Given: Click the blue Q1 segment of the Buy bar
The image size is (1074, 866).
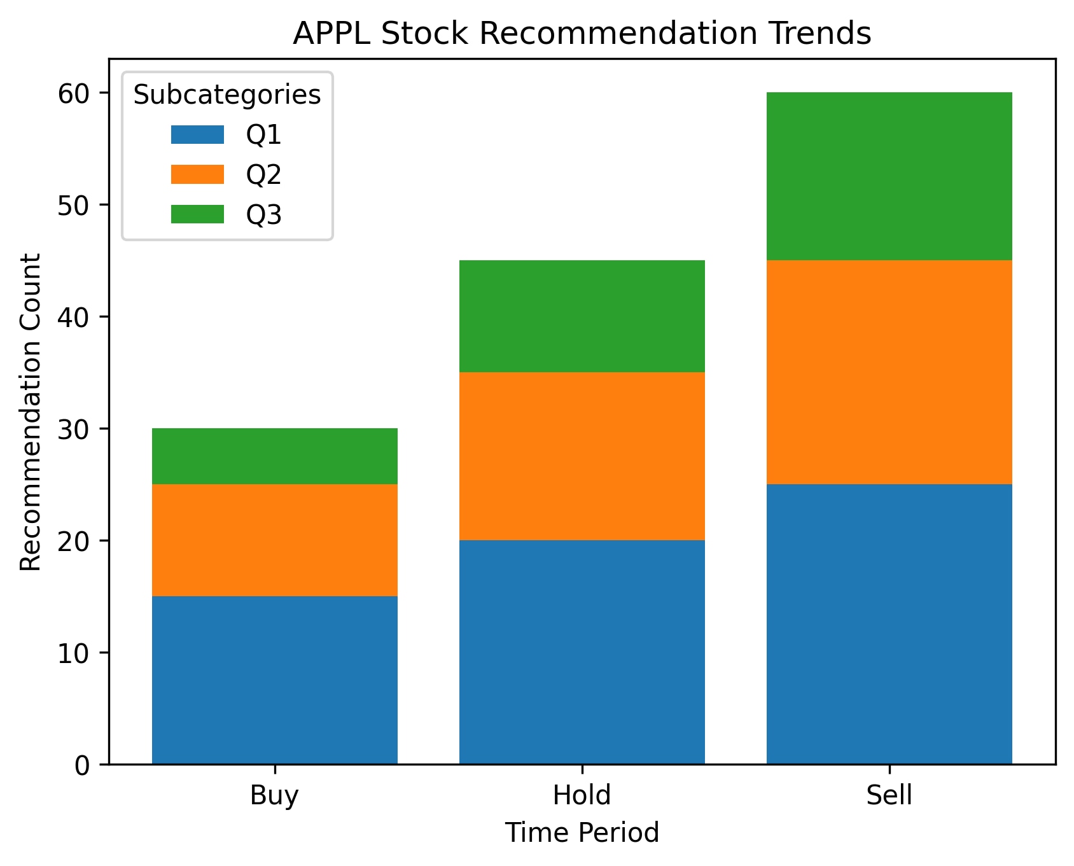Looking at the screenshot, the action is (275, 680).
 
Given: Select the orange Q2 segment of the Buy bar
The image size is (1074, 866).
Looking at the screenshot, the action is (275, 540).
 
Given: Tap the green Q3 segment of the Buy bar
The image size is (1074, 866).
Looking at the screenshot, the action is (275, 456).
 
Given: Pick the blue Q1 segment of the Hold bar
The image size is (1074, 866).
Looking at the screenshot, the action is (582, 652).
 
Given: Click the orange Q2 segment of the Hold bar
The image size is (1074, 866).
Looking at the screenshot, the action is (582, 456).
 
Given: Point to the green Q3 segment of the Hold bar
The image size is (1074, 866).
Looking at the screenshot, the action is (582, 316).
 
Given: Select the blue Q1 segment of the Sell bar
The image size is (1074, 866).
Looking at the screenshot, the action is (889, 624).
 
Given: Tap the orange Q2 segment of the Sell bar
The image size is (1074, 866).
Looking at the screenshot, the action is (889, 372).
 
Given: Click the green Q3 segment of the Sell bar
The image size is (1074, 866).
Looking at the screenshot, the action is (889, 176).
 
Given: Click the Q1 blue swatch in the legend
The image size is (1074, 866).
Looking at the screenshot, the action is (198, 134).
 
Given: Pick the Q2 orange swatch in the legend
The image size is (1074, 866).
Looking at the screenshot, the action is (198, 174).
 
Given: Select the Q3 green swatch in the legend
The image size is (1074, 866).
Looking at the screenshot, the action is (198, 214).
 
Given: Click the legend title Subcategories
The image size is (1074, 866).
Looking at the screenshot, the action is (227, 95).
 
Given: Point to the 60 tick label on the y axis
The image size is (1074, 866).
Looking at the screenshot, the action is (74, 94).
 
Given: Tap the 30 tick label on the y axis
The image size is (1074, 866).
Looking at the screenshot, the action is (74, 429).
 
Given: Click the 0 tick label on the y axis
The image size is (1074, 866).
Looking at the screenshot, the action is (83, 765).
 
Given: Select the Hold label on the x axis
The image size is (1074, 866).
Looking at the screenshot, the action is (582, 795).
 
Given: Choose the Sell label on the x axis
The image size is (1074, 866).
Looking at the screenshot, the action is (889, 795).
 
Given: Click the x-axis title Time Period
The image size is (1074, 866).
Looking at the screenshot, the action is (582, 833).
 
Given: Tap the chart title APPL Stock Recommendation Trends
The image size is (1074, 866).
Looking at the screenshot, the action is (582, 33).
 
